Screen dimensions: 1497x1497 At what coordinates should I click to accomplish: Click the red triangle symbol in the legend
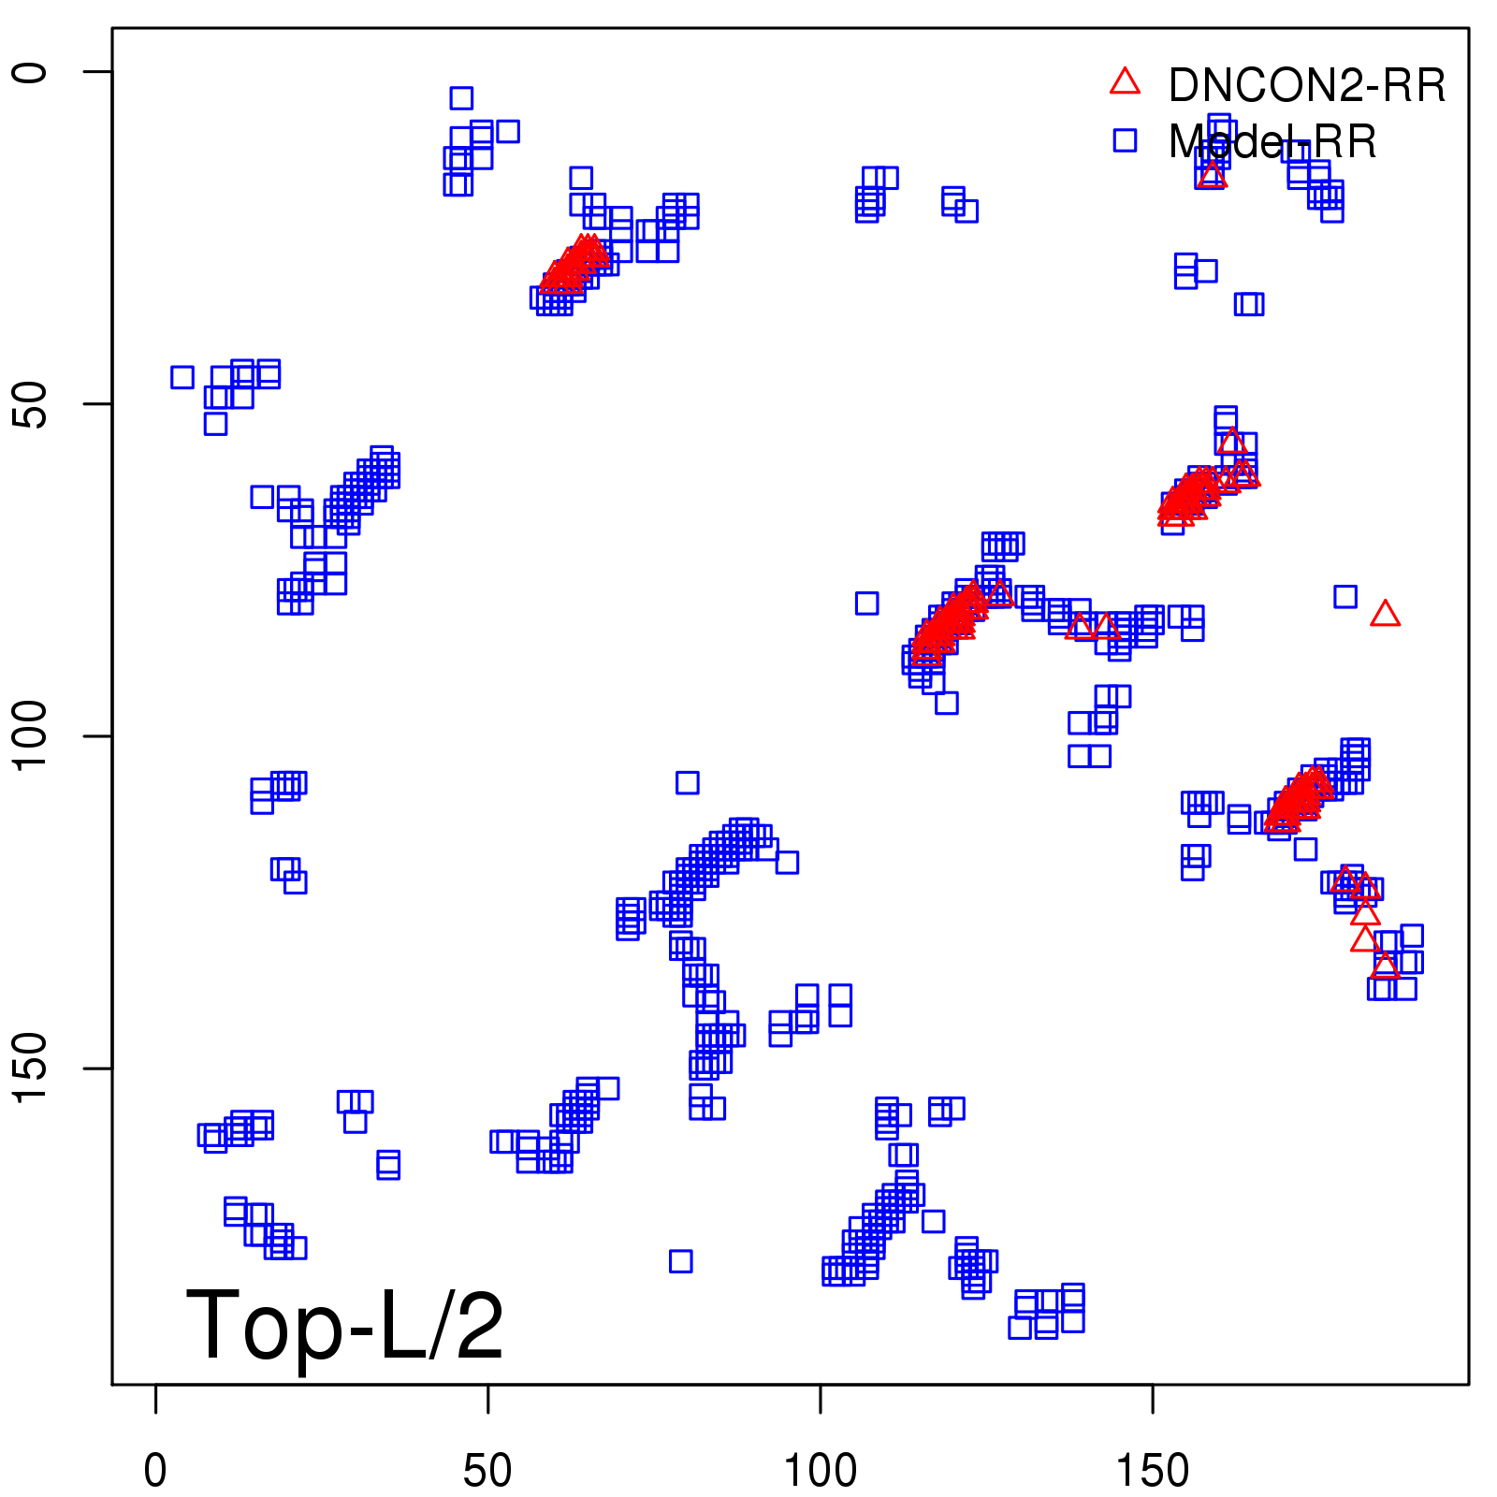[1125, 82]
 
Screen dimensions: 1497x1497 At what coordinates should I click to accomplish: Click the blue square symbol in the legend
[1125, 140]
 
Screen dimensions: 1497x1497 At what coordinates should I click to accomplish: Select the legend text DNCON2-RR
[1307, 85]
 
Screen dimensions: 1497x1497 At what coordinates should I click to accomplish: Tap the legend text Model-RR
[1272, 142]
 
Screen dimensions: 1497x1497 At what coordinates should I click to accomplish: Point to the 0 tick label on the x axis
[155, 1471]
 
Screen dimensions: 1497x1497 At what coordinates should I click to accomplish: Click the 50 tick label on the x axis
[487, 1471]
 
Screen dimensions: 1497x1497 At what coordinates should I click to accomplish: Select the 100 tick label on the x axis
[820, 1471]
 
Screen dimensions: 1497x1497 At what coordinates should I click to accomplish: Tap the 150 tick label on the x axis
[1152, 1471]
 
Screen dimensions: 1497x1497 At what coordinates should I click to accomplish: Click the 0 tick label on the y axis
[32, 72]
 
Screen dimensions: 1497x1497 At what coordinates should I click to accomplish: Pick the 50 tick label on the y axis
[32, 404]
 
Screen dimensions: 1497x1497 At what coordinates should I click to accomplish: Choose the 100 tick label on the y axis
[32, 736]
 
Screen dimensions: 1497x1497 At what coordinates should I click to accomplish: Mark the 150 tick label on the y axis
[32, 1068]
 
